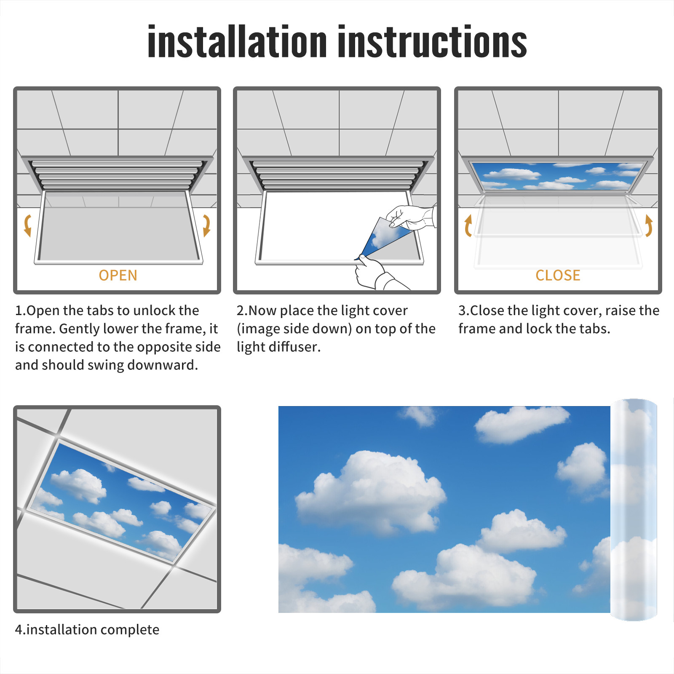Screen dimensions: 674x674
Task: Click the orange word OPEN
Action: (118, 275)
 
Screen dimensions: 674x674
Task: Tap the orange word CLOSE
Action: (558, 275)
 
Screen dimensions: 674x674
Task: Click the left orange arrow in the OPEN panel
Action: (27, 225)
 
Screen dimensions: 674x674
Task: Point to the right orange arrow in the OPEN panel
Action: (207, 225)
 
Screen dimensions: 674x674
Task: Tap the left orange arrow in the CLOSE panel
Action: (468, 225)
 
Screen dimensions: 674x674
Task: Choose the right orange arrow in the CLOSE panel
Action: (649, 225)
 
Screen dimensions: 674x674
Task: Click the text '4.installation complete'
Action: (87, 630)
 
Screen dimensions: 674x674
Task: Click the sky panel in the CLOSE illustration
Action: (558, 176)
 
